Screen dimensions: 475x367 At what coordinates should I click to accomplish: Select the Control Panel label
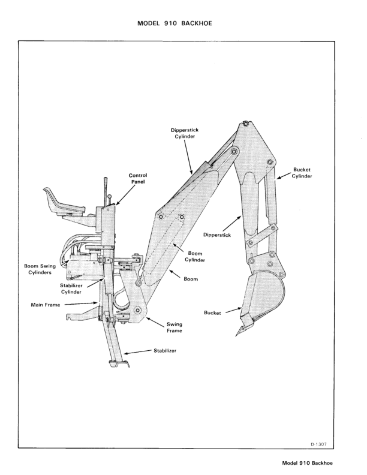point(138,179)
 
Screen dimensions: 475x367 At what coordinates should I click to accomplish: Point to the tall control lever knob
point(104,179)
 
